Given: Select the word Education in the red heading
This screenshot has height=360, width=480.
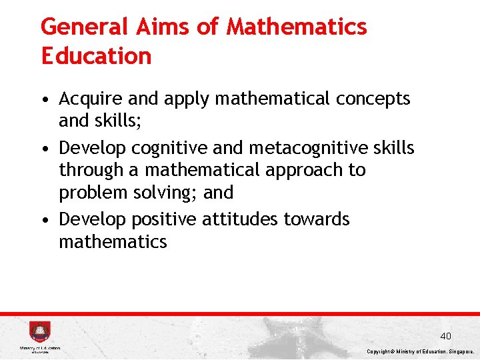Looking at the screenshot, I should [96, 56].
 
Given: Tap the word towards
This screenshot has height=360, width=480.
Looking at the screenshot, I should [317, 219].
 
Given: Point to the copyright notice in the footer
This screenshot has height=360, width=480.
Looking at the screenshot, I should [421, 351].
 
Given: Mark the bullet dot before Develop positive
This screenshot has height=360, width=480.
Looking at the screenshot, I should [43, 220].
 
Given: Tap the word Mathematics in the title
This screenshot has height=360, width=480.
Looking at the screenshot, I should [297, 27].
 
